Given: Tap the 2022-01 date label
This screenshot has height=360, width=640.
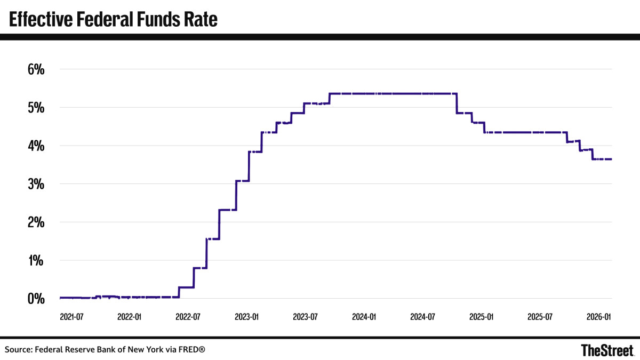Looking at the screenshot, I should click(x=130, y=317).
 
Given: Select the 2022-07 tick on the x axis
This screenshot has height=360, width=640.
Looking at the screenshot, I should click(x=188, y=317).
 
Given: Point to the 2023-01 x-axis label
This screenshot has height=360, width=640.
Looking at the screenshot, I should click(x=247, y=317).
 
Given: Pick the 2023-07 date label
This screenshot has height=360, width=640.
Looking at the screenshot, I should click(x=305, y=317).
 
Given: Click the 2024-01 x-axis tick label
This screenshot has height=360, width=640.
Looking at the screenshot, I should click(x=364, y=317).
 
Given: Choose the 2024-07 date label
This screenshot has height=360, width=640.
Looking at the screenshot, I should click(x=423, y=317).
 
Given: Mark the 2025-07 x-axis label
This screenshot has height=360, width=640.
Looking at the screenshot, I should click(x=540, y=317).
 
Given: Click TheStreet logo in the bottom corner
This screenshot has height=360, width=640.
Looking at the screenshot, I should click(x=607, y=350).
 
